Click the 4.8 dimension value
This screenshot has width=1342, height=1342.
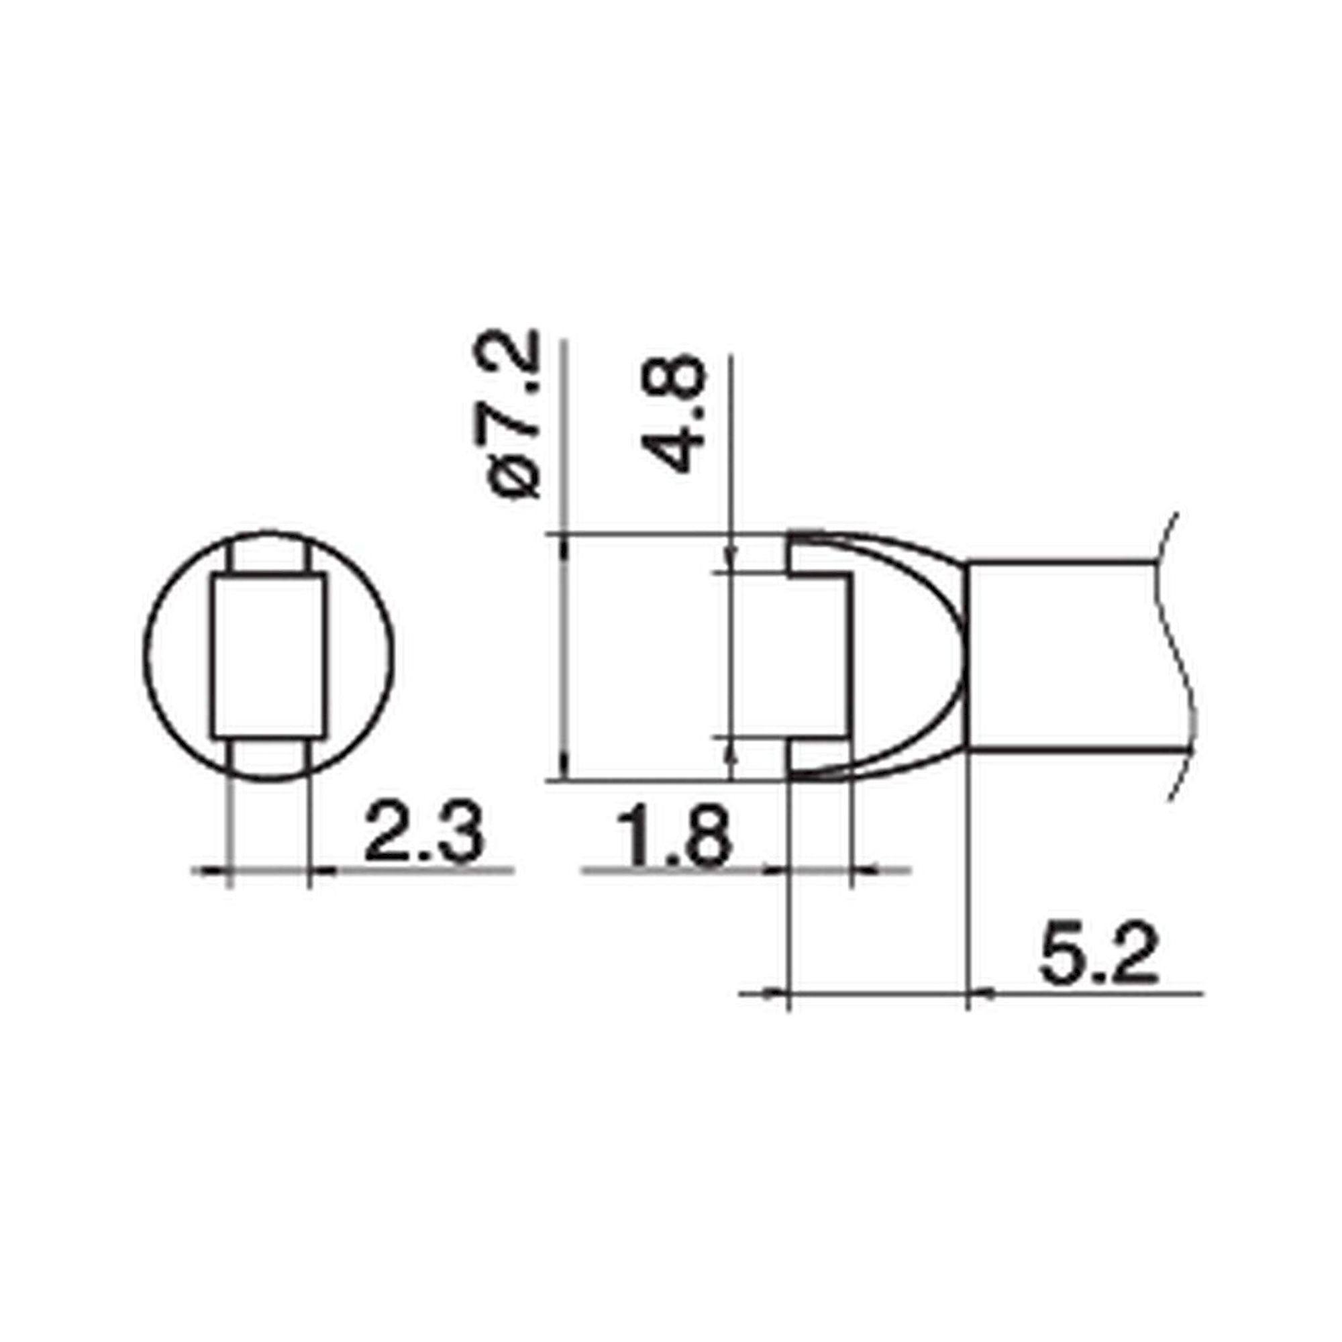coord(672,415)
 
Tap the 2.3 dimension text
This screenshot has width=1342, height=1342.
coord(423,831)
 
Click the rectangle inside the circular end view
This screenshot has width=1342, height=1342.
coord(269,655)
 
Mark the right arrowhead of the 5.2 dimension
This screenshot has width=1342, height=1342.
coord(981,994)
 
